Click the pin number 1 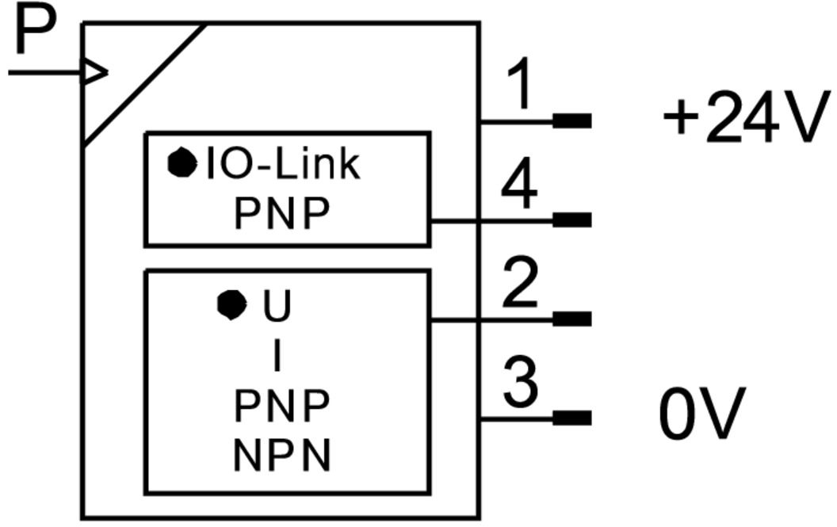(x=519, y=85)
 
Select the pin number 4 (x=519, y=185)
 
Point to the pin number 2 (x=521, y=283)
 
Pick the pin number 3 (x=521, y=383)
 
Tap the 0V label (x=702, y=414)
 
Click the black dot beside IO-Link (x=182, y=162)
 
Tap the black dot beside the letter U (x=231, y=305)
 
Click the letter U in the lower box (x=276, y=307)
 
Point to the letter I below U (x=277, y=357)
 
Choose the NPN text (x=281, y=456)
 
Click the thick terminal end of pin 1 (x=571, y=120)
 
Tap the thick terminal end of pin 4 (x=571, y=220)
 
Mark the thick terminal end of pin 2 (x=571, y=319)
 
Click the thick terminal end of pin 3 (x=571, y=418)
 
